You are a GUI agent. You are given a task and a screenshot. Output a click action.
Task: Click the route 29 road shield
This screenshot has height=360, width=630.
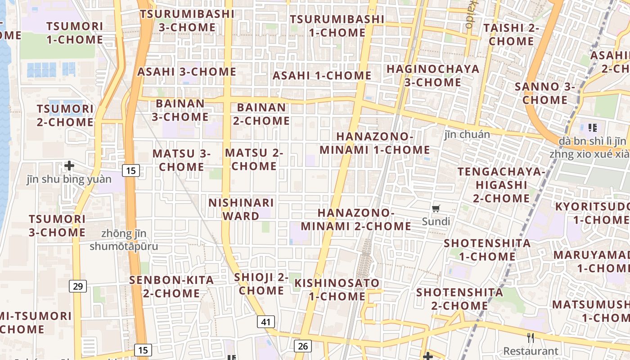pyautogui.click(x=78, y=286)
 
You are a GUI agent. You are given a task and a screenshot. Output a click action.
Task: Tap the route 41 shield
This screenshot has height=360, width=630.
pyautogui.click(x=266, y=322)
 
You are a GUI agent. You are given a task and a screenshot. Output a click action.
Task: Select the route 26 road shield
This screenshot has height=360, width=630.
pyautogui.click(x=303, y=346)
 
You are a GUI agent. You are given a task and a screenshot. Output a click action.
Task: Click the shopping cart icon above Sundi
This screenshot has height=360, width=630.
pyautogui.click(x=436, y=208)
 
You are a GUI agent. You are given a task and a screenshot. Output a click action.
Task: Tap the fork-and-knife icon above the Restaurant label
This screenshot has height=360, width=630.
pyautogui.click(x=531, y=337)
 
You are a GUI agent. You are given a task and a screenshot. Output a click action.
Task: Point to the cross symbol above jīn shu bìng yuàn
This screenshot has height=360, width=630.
pyautogui.click(x=69, y=166)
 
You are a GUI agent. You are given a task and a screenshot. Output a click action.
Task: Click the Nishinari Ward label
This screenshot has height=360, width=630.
pyautogui.click(x=241, y=209)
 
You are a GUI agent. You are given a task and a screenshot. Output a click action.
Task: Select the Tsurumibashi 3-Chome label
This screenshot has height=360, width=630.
pyautogui.click(x=187, y=21)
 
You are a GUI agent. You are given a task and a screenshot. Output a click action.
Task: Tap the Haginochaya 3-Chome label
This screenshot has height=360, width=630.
pyautogui.click(x=433, y=76)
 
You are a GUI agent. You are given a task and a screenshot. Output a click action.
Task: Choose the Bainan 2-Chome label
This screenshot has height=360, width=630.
pyautogui.click(x=261, y=114)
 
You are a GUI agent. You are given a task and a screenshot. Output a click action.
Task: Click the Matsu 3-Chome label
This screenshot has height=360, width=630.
pyautogui.click(x=182, y=160)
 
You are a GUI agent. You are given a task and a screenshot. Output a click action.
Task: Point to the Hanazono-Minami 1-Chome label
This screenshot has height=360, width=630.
pyautogui.click(x=375, y=143)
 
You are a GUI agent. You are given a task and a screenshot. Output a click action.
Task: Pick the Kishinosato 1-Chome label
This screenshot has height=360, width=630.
pyautogui.click(x=337, y=290)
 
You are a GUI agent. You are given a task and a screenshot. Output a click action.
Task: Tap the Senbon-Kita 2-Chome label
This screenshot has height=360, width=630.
pyautogui.click(x=171, y=287)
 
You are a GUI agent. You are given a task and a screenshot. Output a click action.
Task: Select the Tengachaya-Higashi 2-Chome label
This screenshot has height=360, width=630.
pyautogui.click(x=501, y=185)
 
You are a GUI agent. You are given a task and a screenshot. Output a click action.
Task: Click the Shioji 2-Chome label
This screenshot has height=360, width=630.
pyautogui.click(x=261, y=284)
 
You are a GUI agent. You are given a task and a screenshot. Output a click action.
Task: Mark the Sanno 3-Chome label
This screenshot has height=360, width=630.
pyautogui.click(x=544, y=93)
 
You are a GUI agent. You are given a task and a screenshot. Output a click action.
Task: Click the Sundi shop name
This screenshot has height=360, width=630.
pyautogui.click(x=436, y=221)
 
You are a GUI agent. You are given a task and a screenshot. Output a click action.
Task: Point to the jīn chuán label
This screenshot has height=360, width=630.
pyautogui.click(x=467, y=134)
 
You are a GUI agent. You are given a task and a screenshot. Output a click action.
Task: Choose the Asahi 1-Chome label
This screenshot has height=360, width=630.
pyautogui.click(x=322, y=76)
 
